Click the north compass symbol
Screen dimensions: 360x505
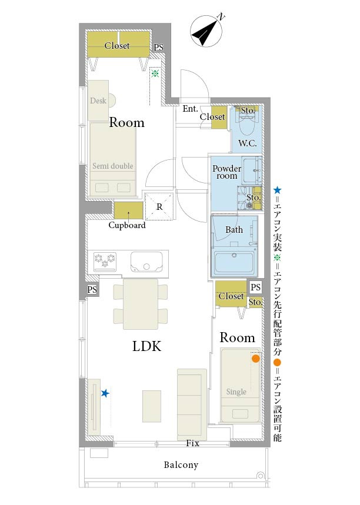point(206,31)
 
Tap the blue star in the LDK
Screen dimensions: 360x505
point(105,393)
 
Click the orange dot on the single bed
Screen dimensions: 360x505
point(255,359)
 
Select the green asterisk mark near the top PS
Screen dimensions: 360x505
point(155,73)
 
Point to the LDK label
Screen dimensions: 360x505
point(146,346)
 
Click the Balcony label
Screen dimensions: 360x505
point(181,465)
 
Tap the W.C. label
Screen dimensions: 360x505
point(247,143)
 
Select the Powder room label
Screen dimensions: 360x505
point(227,172)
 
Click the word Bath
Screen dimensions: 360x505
point(234,230)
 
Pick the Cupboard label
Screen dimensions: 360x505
point(127,225)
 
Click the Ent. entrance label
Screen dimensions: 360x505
point(190,109)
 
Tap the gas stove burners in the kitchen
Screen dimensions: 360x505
point(105,260)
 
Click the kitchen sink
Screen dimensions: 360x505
point(146,261)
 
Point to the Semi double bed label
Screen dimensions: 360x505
point(112,166)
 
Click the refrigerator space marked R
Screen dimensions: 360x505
point(159,207)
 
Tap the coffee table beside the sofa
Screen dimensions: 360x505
point(152,406)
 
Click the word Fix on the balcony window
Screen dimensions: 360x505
point(192,443)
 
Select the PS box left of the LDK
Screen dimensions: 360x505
point(92,290)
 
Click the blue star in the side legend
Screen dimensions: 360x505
point(277,190)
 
